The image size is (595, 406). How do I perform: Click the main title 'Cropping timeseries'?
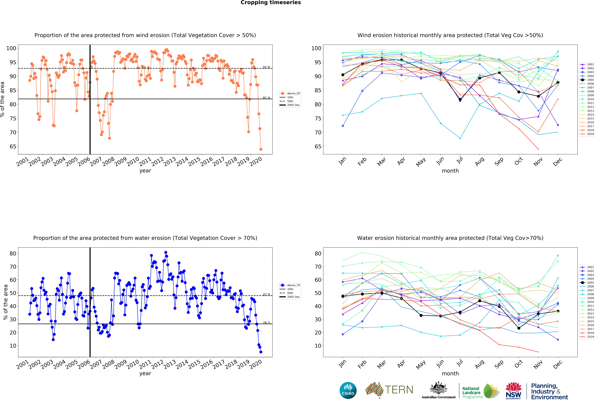click(271, 3)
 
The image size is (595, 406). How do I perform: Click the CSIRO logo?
click(348, 390)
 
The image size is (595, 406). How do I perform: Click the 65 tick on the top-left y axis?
click(13, 147)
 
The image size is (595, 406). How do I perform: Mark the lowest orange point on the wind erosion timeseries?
click(261, 149)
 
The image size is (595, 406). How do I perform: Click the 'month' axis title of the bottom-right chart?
click(450, 373)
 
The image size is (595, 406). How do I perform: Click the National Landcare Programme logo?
click(481, 391)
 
